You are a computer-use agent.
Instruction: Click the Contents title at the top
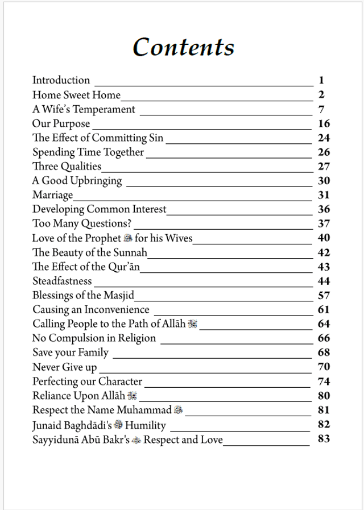click(183, 47)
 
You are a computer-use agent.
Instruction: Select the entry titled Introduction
click(61, 80)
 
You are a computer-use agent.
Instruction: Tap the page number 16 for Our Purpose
click(324, 123)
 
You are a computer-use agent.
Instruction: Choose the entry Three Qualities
click(67, 166)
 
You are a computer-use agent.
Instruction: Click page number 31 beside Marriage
click(324, 195)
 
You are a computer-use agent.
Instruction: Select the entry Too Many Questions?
click(82, 223)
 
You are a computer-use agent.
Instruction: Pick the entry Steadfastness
click(61, 281)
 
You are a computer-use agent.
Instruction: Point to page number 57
click(324, 295)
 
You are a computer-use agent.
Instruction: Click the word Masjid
click(119, 295)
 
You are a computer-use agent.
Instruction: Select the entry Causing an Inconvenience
click(90, 309)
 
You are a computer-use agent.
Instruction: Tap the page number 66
click(324, 338)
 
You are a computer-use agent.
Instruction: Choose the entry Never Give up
click(64, 367)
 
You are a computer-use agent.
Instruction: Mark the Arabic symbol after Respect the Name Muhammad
click(178, 409)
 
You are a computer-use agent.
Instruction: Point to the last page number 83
click(324, 438)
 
